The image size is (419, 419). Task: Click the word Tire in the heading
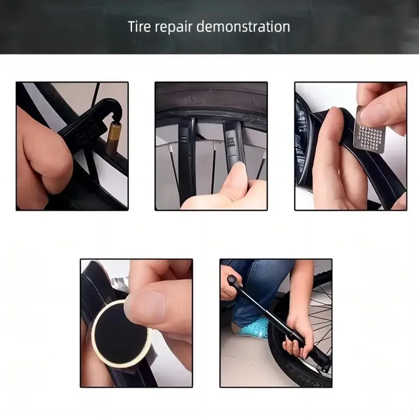coord(139,26)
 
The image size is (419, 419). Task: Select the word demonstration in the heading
coord(243,27)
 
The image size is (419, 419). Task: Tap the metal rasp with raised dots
coord(368,129)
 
